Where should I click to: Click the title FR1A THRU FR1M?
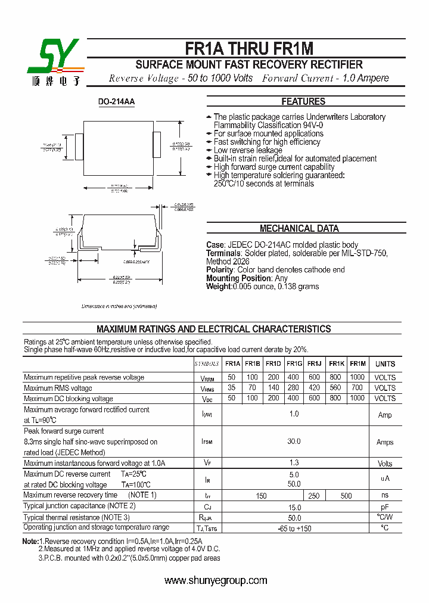click(249, 49)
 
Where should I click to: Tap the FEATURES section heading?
click(303, 101)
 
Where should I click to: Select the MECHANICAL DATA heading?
click(299, 228)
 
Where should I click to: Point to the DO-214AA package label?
click(116, 102)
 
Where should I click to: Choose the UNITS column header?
click(385, 363)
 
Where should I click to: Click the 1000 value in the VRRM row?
click(357, 377)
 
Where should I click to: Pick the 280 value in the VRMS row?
click(294, 388)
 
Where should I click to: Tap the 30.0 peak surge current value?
click(294, 442)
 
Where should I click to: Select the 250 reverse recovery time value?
click(314, 496)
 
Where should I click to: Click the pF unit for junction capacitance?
click(385, 506)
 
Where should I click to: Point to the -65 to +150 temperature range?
click(294, 529)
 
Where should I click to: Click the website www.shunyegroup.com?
click(216, 580)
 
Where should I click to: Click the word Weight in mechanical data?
click(219, 287)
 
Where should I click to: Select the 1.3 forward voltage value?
click(294, 463)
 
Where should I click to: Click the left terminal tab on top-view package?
click(79, 146)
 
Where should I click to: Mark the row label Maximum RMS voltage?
click(58, 388)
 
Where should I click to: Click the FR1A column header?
click(232, 363)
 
